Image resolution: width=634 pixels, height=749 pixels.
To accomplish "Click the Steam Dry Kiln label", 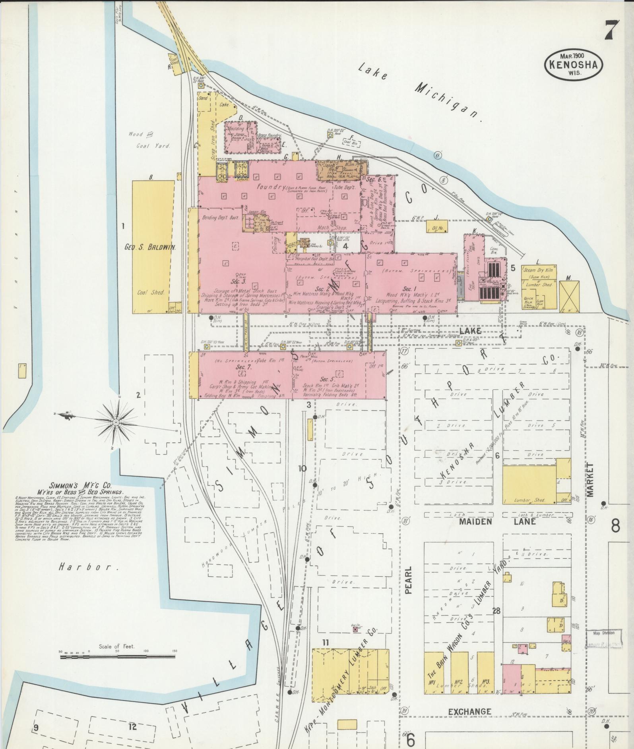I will (x=538, y=270).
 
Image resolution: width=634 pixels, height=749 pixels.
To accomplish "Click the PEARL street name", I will (x=409, y=580).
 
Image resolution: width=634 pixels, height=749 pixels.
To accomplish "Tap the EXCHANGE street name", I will (x=469, y=712).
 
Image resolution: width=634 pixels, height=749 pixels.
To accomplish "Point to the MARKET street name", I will (x=589, y=480).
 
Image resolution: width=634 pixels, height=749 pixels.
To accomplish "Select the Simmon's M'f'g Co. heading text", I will (x=81, y=485).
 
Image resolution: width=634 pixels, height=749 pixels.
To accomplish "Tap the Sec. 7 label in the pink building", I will (x=241, y=367).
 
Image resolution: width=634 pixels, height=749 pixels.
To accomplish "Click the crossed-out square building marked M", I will (x=569, y=296).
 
